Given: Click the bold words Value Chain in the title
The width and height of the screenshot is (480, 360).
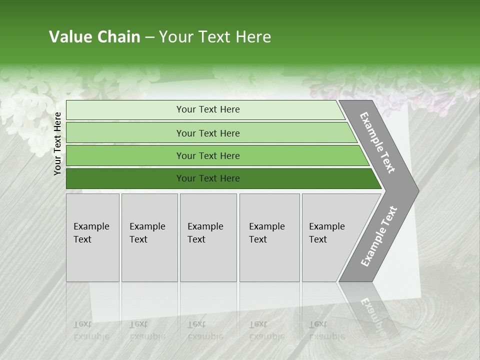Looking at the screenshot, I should click(x=94, y=37).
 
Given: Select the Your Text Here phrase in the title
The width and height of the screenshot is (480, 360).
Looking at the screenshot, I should click(x=215, y=37).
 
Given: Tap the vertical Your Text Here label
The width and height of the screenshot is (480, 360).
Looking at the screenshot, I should click(x=57, y=143).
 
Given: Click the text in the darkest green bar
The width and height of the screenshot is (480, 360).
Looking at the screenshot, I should click(x=208, y=178).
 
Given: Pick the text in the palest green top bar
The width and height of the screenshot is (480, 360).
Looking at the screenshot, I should click(x=208, y=109).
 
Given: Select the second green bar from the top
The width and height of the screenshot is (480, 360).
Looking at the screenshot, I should click(x=208, y=133).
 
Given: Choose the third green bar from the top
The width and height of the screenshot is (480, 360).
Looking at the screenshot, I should click(x=208, y=156).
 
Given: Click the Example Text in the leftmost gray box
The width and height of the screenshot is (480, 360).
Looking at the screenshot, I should click(x=91, y=233).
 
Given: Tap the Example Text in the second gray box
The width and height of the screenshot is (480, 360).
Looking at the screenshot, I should click(x=147, y=233).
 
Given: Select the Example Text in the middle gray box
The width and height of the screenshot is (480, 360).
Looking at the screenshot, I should click(x=205, y=233).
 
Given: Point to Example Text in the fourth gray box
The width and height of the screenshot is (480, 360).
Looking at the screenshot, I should click(x=266, y=233).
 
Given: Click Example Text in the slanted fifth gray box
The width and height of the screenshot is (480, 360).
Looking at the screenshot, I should click(x=326, y=233).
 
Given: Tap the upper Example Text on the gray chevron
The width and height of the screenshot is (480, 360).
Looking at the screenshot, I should click(x=377, y=143).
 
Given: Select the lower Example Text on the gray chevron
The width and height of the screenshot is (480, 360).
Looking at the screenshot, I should click(x=378, y=236).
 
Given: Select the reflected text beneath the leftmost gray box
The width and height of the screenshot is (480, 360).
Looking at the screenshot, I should click(x=91, y=330).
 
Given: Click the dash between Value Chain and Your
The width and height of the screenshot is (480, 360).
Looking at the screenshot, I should click(x=149, y=37).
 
